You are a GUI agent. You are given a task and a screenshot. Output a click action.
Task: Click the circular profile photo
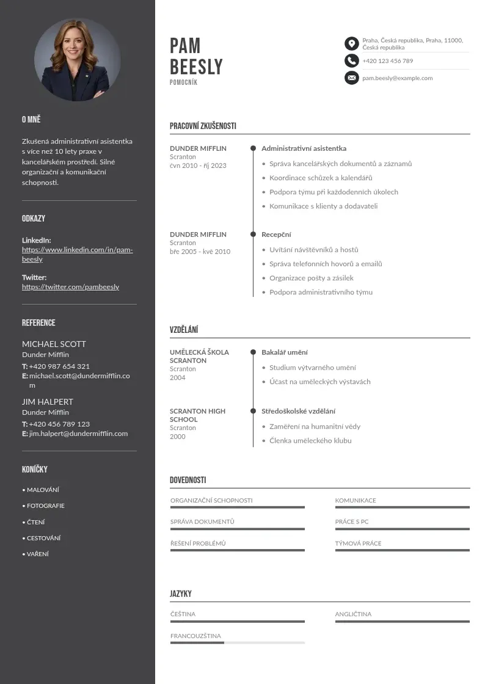tap(77, 59)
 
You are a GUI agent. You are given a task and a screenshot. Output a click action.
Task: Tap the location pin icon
tap(351, 43)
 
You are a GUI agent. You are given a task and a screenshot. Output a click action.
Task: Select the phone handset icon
tap(351, 60)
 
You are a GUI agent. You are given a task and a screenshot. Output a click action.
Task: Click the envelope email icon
tap(351, 78)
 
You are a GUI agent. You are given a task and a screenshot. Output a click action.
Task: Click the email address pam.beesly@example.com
tap(397, 78)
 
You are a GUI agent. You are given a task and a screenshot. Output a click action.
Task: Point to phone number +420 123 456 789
tap(387, 61)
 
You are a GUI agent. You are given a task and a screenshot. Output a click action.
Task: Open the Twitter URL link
tap(70, 287)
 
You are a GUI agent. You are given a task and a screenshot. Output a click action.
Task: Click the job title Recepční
tap(276, 235)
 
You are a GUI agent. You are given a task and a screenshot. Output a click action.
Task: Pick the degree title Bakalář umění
tap(285, 352)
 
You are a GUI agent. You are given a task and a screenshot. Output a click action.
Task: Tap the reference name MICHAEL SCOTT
tap(54, 344)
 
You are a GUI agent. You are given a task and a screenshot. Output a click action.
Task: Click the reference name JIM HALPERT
tap(48, 402)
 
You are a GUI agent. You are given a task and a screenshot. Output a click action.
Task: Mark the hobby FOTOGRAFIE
tap(45, 506)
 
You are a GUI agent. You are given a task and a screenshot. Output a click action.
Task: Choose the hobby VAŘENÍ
tap(38, 554)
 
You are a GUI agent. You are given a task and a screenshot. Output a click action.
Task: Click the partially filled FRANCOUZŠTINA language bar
tap(237, 642)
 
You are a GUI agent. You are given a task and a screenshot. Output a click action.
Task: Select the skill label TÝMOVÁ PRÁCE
tap(358, 544)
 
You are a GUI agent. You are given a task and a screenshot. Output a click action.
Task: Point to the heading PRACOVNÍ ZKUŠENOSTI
tap(203, 126)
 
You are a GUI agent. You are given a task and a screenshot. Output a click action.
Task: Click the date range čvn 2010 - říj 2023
tap(198, 166)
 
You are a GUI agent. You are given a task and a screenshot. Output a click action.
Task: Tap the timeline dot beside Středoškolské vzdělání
tap(253, 411)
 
